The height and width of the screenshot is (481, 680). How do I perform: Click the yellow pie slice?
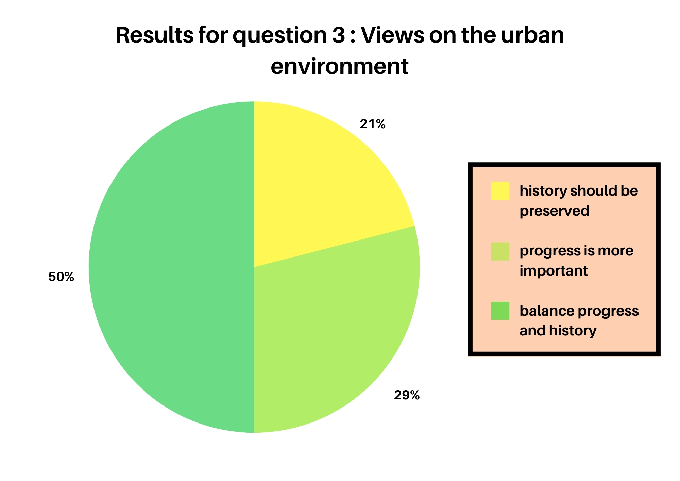pos(316,190)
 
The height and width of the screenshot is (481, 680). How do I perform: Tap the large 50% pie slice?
pos(170,267)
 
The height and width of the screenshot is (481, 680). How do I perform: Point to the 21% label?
pos(373,125)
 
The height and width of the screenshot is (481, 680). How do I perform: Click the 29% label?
pos(407,395)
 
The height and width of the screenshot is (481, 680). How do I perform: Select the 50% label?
pos(61,277)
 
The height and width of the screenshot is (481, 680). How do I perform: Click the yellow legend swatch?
pos(500,191)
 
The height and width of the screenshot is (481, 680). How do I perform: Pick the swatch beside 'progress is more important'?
pos(500,251)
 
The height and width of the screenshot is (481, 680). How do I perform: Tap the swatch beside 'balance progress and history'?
pos(500,311)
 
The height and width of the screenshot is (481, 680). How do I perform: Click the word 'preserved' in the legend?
pos(555,211)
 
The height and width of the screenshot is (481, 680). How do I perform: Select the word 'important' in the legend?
pos(554,271)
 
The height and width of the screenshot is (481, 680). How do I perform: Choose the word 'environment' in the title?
pos(339,67)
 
